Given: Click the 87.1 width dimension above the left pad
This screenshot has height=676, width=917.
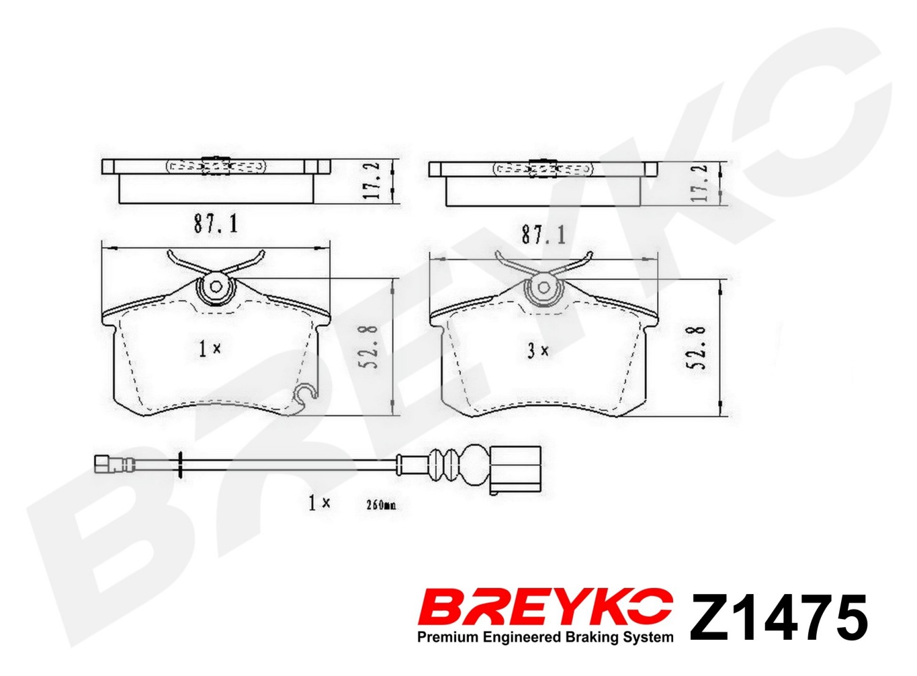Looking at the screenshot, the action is [216, 224].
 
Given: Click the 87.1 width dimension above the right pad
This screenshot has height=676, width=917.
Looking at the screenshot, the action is [543, 236].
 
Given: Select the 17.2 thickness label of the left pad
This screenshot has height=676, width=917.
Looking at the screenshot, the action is [371, 181].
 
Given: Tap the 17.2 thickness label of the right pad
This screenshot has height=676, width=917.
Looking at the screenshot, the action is [699, 183].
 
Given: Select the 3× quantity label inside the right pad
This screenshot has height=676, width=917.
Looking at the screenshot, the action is [537, 351].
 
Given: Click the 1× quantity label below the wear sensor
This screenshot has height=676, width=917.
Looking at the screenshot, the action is [319, 503].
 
